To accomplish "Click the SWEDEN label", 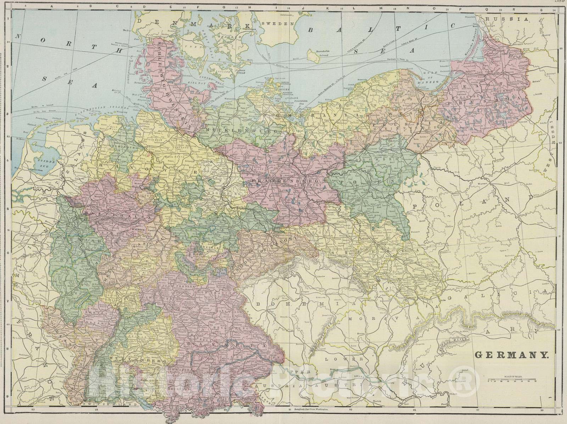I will coord(283,24).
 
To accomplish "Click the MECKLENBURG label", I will coord(241,130).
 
